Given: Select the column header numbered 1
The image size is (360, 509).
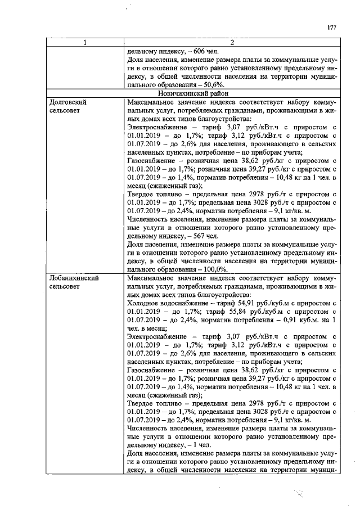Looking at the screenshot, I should (85, 43).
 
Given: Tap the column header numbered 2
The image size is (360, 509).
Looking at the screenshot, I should (232, 43).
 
